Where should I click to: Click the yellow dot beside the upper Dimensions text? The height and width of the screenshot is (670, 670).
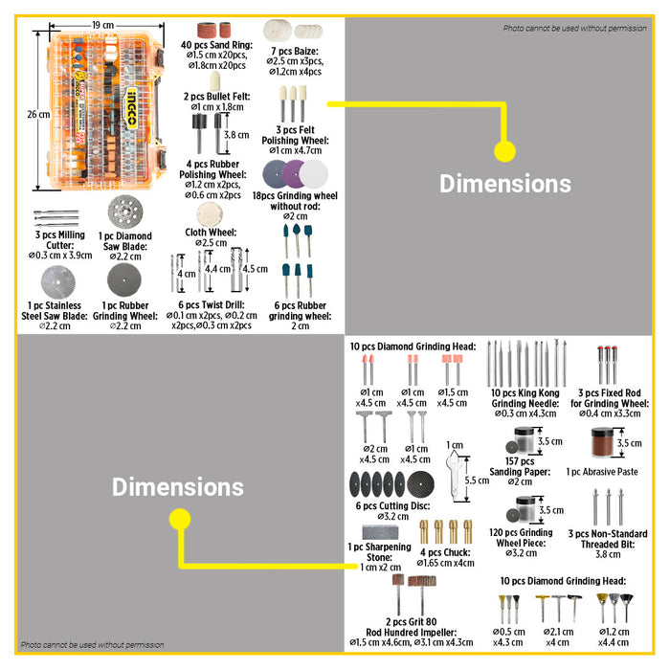pos(504,150)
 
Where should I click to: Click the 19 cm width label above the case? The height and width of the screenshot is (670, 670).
pos(101,23)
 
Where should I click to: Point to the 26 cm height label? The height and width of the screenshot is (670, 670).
pos(37,114)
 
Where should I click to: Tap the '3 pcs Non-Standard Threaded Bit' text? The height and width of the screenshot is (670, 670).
pos(608,539)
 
